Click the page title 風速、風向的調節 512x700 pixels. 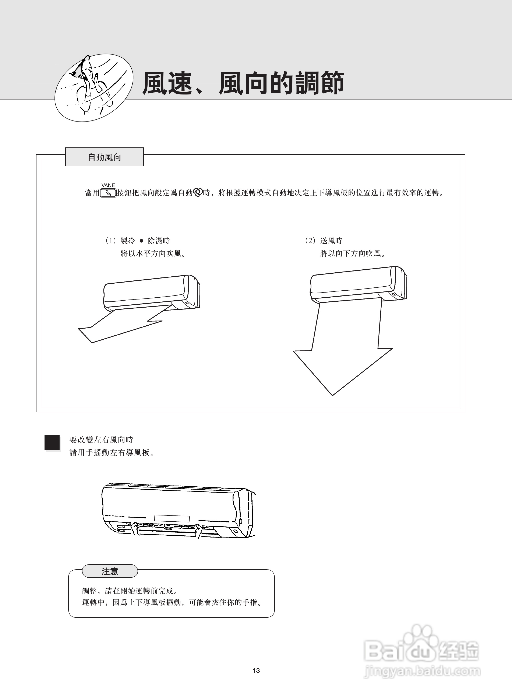coord(243,83)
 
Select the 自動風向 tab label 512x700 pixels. coord(105,157)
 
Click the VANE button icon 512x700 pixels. coord(108,193)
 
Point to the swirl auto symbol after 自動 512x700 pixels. coord(197,193)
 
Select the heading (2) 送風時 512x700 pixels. coord(324,241)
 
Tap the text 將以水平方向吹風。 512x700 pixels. coord(153,253)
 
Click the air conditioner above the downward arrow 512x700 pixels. coord(358,284)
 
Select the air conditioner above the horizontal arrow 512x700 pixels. coord(151,292)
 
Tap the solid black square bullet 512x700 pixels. coord(52,443)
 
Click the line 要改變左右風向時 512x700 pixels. coord(101,440)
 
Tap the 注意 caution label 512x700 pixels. coord(110,571)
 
